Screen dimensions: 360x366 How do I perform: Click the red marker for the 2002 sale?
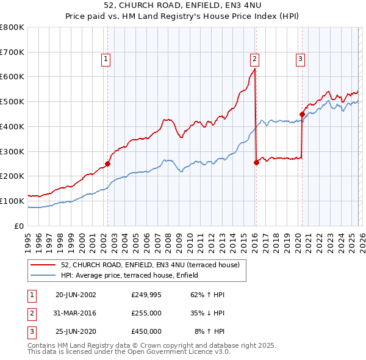coord(107,164)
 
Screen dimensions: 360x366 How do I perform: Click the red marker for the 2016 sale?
coord(256,162)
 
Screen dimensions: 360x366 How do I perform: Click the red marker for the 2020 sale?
coord(302,113)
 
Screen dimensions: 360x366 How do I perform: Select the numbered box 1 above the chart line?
coord(106,59)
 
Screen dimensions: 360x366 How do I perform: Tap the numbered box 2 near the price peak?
coord(254,59)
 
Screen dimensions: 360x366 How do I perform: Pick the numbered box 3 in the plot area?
coord(301,59)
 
